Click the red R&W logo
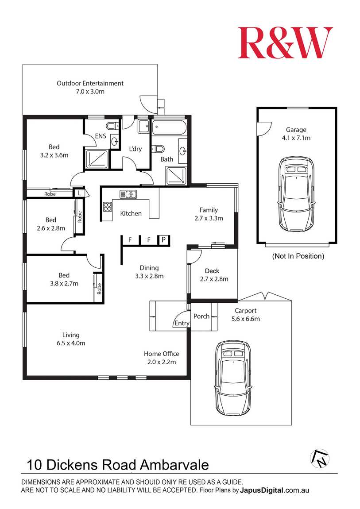[x=285, y=42]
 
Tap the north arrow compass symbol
[x=320, y=459]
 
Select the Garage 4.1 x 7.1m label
[x=296, y=134]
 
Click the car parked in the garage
[x=296, y=193]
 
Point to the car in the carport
[x=233, y=378]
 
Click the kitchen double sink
[x=128, y=194]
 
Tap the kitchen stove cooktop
[x=108, y=207]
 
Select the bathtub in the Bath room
[x=169, y=128]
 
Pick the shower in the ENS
[x=97, y=158]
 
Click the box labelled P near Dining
[x=163, y=240]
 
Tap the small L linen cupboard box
[x=79, y=193]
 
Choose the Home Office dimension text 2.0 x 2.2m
[x=162, y=362]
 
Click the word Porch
[x=201, y=316]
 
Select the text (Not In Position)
[x=298, y=256]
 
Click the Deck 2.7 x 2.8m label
[x=214, y=275]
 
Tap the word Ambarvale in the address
[x=174, y=465]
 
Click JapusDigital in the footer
[x=262, y=490]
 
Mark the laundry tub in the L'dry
[x=144, y=126]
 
